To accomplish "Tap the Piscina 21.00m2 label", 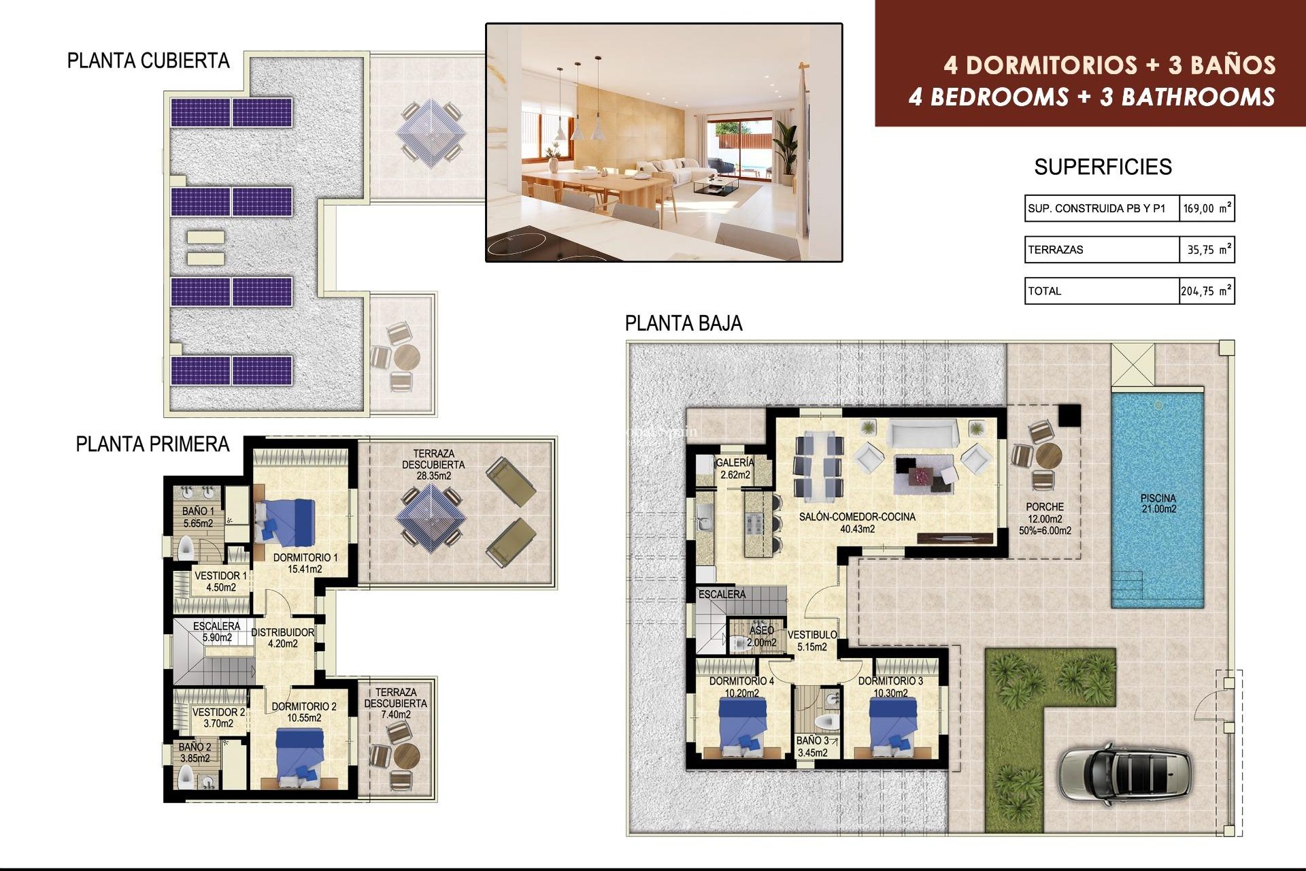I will (1158, 504).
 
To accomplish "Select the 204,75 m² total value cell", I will (1205, 291).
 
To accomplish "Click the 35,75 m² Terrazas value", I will (1206, 250).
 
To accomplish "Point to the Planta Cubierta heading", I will (148, 61).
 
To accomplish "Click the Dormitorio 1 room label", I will (305, 563).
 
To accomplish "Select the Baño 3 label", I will (812, 746).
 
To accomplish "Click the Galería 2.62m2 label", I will (735, 469).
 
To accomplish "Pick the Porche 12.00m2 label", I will (1045, 518).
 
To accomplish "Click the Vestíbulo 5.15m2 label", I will (812, 640).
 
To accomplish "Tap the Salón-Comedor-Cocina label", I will (857, 523).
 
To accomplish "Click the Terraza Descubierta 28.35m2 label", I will (433, 464).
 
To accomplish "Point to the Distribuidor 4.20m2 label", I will (283, 638).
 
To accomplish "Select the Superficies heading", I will (1103, 167).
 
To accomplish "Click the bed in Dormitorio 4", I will (743, 727).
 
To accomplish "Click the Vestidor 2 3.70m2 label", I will (218, 717).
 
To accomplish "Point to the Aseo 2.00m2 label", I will (761, 636).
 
